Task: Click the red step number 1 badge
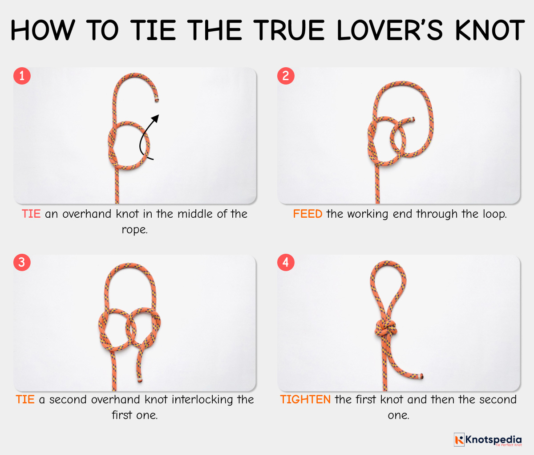coord(22,76)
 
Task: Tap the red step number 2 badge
coord(286,76)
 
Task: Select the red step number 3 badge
coord(22,262)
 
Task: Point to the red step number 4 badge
coord(286,262)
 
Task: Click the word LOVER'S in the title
coord(389,30)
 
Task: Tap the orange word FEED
coord(307,214)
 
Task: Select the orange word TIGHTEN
coord(305,399)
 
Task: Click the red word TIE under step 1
coord(31,214)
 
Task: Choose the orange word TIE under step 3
coord(25,399)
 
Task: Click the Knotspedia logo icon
coord(459,439)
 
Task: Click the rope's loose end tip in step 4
coord(421,377)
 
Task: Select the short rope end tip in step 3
coord(139,381)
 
